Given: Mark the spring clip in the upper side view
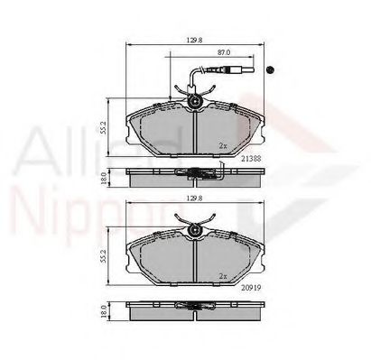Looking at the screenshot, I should click(x=189, y=172).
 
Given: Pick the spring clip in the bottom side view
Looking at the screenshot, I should click(x=189, y=308).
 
